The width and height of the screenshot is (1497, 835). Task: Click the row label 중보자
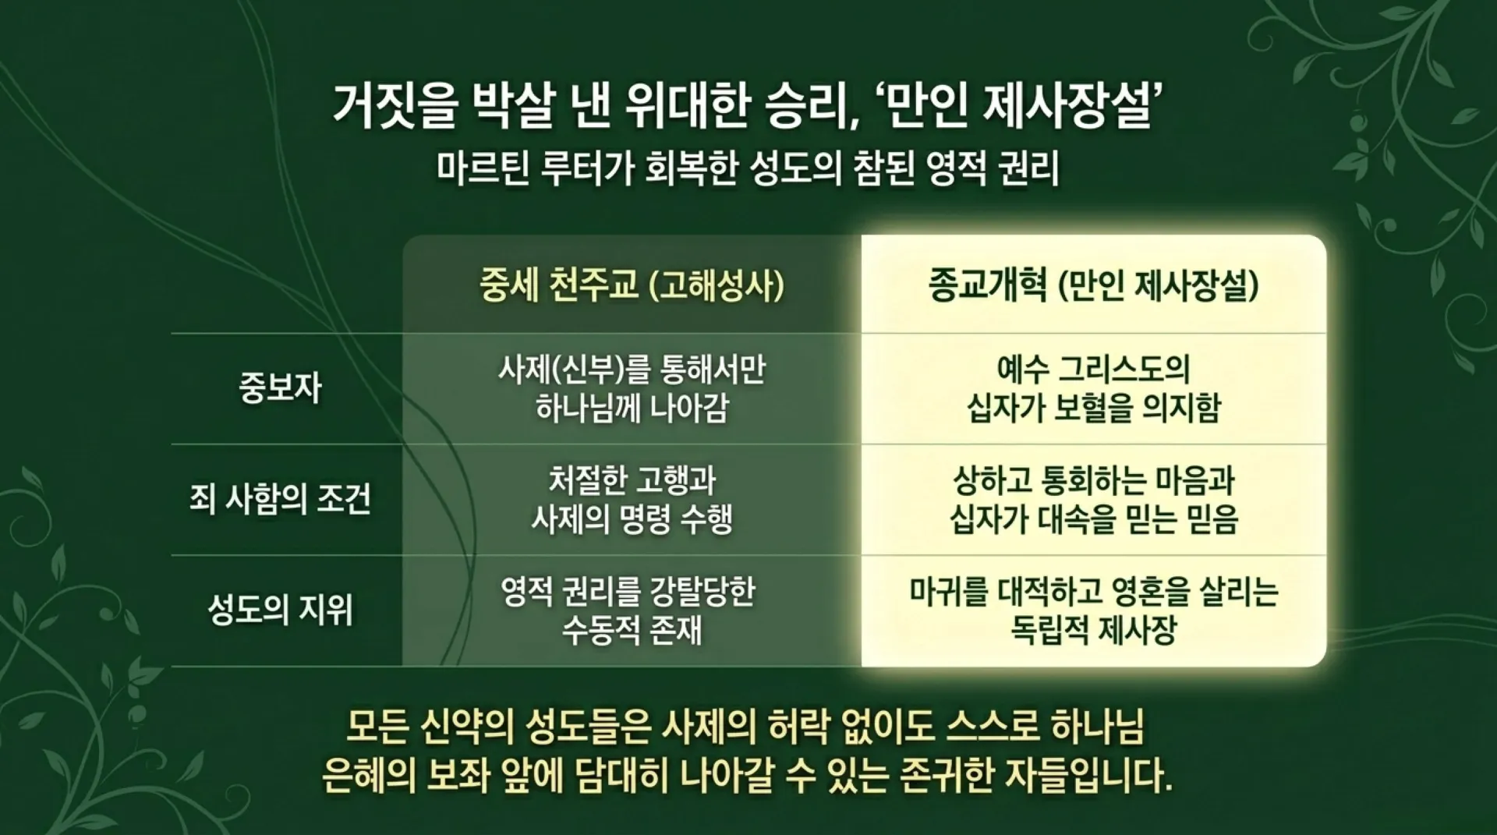click(x=280, y=388)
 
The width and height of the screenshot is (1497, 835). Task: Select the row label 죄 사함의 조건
click(x=280, y=499)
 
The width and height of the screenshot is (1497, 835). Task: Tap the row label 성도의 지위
click(x=280, y=610)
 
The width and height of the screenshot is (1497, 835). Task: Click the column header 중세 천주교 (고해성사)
click(x=632, y=285)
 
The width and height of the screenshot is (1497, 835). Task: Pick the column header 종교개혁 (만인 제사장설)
click(x=1093, y=285)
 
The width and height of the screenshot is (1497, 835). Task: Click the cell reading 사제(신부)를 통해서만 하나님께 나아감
click(x=632, y=388)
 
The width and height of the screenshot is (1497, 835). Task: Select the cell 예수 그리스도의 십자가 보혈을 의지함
click(x=1093, y=388)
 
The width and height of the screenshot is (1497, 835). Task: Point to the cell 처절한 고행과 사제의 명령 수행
click(x=632, y=499)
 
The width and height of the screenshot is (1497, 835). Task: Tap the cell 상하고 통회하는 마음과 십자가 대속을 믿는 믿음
click(x=1093, y=499)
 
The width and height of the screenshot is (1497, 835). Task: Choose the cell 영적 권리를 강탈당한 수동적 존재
click(x=632, y=610)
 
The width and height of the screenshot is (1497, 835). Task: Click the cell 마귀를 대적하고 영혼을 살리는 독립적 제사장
click(x=1093, y=610)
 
